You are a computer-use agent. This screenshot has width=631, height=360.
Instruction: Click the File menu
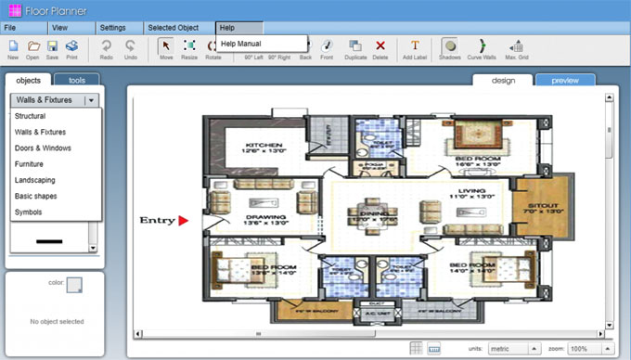click(11, 29)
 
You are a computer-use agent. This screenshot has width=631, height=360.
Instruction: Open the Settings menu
click(112, 29)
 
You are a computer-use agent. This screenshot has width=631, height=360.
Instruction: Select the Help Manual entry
click(241, 44)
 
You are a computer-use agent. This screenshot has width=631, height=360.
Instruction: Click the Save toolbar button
click(52, 48)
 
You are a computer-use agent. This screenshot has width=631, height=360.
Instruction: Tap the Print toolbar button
click(71, 48)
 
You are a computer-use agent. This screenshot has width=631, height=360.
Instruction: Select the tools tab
click(77, 81)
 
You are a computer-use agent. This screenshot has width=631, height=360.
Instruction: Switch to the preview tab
click(565, 81)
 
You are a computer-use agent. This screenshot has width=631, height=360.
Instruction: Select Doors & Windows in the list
click(43, 148)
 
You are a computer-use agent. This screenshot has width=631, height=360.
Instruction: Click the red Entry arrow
click(184, 220)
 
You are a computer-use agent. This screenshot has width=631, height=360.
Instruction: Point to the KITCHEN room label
click(264, 147)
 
